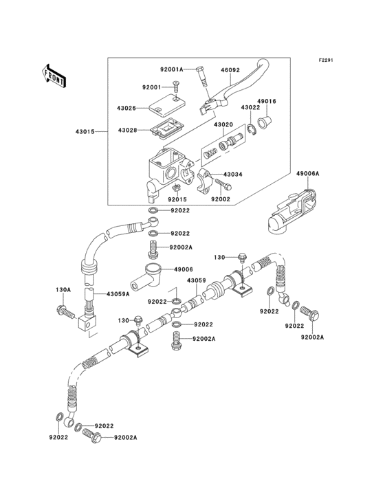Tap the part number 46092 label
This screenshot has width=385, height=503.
point(230,69)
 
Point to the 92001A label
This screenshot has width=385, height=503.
point(173,69)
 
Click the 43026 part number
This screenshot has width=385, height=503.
point(127,108)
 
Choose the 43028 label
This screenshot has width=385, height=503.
point(127,130)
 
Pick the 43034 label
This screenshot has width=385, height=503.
point(233,175)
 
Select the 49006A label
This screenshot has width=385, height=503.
point(308,174)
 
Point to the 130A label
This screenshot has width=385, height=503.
point(63,289)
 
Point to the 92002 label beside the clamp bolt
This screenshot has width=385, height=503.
point(220,199)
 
